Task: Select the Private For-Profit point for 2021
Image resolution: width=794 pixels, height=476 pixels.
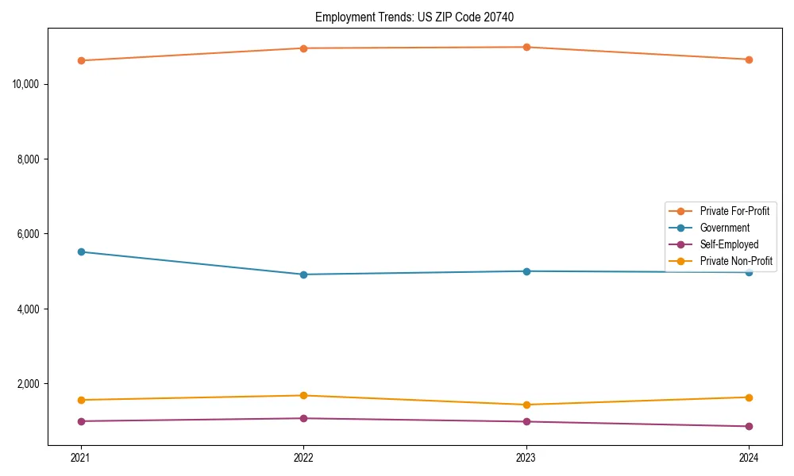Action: [x=80, y=60]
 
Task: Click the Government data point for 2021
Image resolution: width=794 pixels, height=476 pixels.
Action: [x=80, y=251]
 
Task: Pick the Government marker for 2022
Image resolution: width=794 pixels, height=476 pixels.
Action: [x=303, y=274]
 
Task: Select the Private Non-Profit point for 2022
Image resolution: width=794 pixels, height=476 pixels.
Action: [x=303, y=395]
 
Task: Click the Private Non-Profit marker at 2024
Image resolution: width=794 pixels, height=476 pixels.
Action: [x=749, y=397]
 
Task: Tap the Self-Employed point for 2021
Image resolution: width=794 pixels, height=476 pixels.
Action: [x=80, y=421]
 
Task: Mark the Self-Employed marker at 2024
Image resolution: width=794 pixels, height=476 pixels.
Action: [x=749, y=426]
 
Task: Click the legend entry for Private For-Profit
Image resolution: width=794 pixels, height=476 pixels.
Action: [x=734, y=211]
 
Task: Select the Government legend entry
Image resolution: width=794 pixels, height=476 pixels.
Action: [x=725, y=228]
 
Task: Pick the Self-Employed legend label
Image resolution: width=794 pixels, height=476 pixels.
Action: [x=729, y=244]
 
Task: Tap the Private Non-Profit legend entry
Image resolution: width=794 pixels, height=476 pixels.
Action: [x=736, y=261]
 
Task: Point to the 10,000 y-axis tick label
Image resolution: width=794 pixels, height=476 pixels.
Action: [x=27, y=84]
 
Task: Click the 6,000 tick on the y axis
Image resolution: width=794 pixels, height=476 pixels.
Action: [x=29, y=234]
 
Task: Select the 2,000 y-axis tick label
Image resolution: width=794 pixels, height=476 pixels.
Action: [x=29, y=384]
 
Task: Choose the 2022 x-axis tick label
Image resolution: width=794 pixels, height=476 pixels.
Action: [x=303, y=457]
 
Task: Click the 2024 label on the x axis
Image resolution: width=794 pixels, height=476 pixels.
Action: [x=749, y=457]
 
